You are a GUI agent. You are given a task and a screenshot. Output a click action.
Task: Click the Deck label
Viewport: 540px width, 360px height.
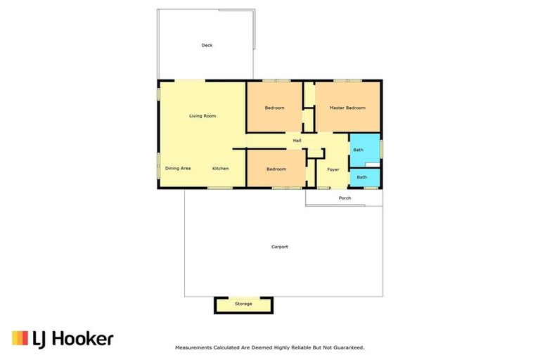207,46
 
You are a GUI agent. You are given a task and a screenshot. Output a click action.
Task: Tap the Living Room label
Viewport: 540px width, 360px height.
202,115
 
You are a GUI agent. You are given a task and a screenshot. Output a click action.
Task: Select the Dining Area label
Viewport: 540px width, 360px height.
178,169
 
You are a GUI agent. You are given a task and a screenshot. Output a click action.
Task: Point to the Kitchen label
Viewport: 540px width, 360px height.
221,169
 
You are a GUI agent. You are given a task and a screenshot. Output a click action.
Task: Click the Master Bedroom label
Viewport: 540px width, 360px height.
347,108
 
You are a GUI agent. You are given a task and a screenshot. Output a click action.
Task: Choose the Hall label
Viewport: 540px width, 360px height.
297,141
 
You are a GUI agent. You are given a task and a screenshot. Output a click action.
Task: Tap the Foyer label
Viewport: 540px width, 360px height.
333,169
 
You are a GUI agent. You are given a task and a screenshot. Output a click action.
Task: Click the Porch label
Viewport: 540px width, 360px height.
345,198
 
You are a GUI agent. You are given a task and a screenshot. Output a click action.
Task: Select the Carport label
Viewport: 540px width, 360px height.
280,247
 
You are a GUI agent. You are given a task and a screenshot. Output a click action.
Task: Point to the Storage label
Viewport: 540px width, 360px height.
243,304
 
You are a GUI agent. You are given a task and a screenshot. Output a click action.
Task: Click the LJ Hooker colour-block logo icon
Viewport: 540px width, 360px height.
20,338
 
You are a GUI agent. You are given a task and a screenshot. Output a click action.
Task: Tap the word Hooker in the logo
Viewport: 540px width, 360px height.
83,339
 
